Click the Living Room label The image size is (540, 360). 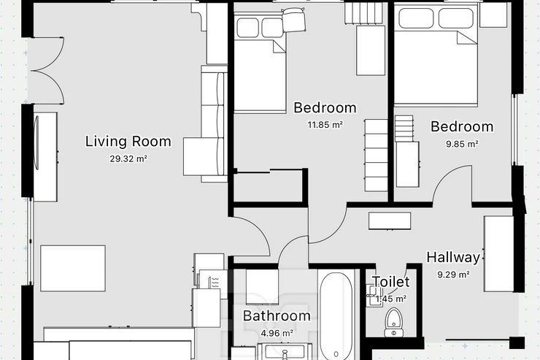(128, 142)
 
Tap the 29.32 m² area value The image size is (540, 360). (129, 158)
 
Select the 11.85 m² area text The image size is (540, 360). (325, 124)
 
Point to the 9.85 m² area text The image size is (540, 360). (462, 144)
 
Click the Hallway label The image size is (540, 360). (453, 258)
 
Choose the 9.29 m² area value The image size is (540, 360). (454, 275)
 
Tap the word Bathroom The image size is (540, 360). (277, 316)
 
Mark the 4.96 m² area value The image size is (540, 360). (277, 333)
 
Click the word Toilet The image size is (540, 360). (391, 282)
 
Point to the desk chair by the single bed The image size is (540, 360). (294, 20)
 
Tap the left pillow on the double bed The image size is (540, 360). (416, 18)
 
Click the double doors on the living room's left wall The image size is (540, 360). (47, 71)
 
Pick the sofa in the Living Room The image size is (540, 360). (206, 123)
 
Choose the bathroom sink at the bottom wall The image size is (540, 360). (285, 352)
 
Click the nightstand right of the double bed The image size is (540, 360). (493, 15)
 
